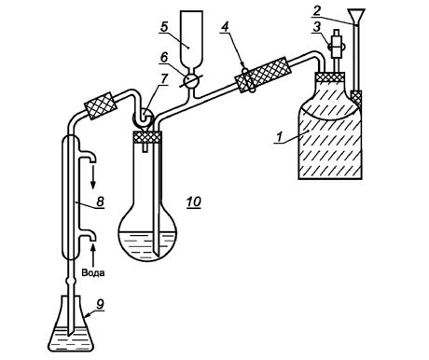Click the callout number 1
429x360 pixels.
click(x=280, y=137)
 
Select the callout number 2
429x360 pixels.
click(x=316, y=11)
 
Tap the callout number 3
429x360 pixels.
click(x=316, y=27)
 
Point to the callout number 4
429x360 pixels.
click(x=225, y=27)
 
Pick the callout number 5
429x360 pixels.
click(x=164, y=27)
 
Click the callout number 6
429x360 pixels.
click(x=164, y=57)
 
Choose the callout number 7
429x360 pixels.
click(x=164, y=79)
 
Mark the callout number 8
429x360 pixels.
click(x=100, y=201)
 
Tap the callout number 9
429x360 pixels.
click(x=100, y=304)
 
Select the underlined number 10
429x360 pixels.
click(x=194, y=202)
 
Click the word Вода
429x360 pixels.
click(x=93, y=272)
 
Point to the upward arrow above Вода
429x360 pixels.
click(x=93, y=255)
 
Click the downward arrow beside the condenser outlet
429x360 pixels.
click(x=93, y=178)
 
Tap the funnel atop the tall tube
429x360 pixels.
click(x=355, y=16)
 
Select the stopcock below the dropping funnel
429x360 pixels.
click(x=190, y=80)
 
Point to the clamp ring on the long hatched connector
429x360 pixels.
click(x=248, y=80)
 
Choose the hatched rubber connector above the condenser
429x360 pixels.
click(x=101, y=105)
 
